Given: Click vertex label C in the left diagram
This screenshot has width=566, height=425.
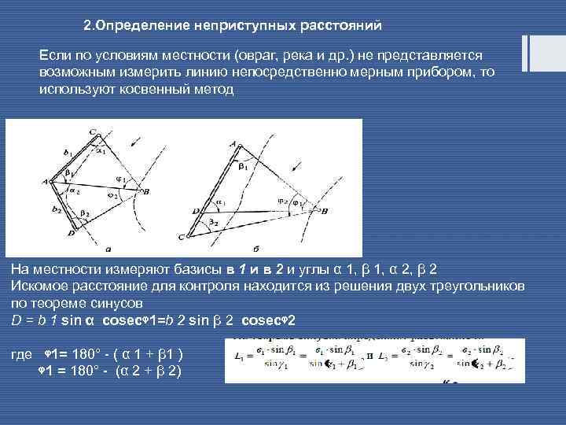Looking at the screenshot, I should (x=92, y=131).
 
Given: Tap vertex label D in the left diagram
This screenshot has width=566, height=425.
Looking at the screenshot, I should (x=72, y=234).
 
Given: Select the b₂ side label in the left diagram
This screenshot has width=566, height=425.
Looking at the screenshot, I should (x=56, y=209).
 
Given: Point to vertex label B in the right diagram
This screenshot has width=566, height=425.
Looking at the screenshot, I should (x=325, y=210).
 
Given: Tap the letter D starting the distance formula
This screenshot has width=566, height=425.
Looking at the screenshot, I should (x=16, y=320).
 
